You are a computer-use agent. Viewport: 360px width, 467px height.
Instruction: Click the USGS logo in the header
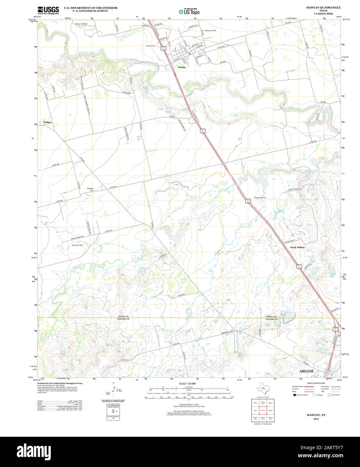click(48, 10)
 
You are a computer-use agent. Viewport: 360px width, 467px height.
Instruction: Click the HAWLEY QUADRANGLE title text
click(323, 7)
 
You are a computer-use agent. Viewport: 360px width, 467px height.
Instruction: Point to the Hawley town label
click(182, 67)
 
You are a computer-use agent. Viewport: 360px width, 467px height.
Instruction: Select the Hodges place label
click(47, 122)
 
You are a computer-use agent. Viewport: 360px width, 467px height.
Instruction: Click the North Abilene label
click(297, 247)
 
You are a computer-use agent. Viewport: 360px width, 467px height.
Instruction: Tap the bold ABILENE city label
click(306, 371)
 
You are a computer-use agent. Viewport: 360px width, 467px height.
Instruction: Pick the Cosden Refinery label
click(259, 198)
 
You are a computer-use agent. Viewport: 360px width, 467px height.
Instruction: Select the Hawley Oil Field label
click(210, 31)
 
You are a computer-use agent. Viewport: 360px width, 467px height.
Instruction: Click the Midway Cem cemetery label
click(90, 189)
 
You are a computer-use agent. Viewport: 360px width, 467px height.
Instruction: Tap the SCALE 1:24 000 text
click(187, 383)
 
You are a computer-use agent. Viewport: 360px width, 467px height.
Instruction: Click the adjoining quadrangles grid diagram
click(263, 410)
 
